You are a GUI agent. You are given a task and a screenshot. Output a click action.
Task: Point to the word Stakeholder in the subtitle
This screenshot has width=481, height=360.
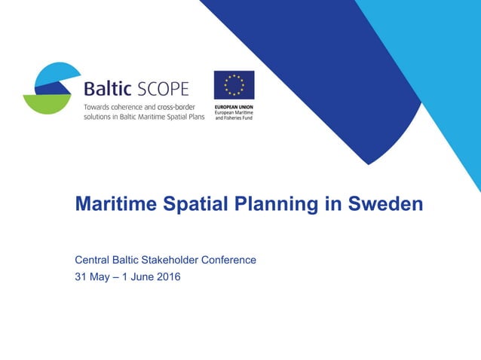tap(173, 260)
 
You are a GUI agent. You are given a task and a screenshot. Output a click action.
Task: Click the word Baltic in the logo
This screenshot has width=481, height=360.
tap(108, 88)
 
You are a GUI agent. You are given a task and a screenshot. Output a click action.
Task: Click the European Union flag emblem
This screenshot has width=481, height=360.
tap(234, 85)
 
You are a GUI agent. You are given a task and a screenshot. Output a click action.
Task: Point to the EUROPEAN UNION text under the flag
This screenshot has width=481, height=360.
tap(234, 106)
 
